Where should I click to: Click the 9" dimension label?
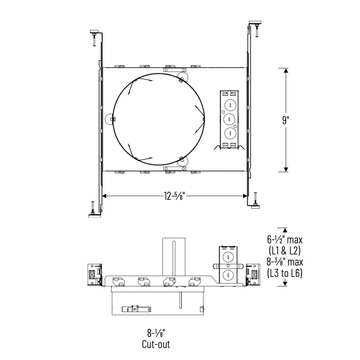click(x=286, y=120)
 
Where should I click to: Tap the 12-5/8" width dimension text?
click(x=175, y=196)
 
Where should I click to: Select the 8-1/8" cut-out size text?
click(x=156, y=333)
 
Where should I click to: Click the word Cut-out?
click(x=156, y=344)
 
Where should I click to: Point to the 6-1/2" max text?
click(x=285, y=240)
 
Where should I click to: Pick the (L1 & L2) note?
click(x=285, y=251)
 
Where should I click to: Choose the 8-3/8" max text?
click(x=285, y=262)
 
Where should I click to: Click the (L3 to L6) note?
click(x=285, y=273)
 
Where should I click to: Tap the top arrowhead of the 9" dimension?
click(x=286, y=71)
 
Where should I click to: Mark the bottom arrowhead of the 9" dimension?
click(x=286, y=170)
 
